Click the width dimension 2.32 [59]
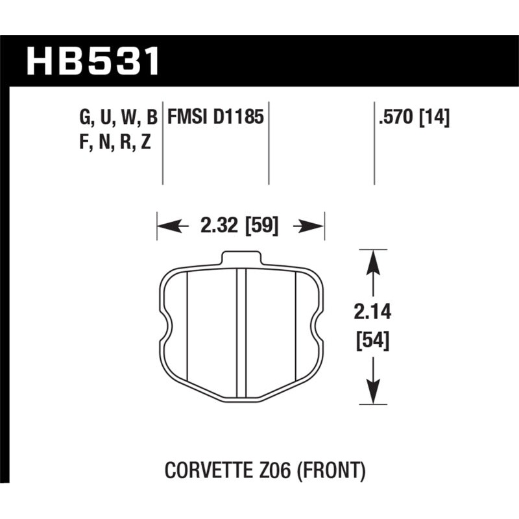tap(240, 226)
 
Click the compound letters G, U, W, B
tap(118, 117)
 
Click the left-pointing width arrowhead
tap(167, 226)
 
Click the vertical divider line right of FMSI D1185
tap(269, 143)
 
